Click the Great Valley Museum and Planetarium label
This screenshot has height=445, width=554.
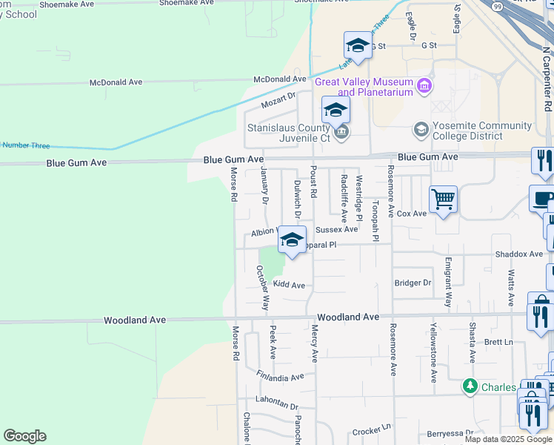363,87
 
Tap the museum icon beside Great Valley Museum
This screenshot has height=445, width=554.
424,87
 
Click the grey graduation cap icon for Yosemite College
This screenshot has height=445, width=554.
421,131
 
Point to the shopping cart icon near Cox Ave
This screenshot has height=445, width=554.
444,199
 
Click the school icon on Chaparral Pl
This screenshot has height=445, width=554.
293,240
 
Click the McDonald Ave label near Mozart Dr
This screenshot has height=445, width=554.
279,79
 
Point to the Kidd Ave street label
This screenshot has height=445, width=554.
289,285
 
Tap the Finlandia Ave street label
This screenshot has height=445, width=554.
279,377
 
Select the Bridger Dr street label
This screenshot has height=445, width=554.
413,283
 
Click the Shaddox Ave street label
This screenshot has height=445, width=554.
518,254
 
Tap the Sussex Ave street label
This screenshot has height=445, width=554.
337,230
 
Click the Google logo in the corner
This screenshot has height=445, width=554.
24,436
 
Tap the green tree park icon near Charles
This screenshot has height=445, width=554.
470,386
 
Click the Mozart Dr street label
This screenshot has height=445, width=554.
281,96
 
